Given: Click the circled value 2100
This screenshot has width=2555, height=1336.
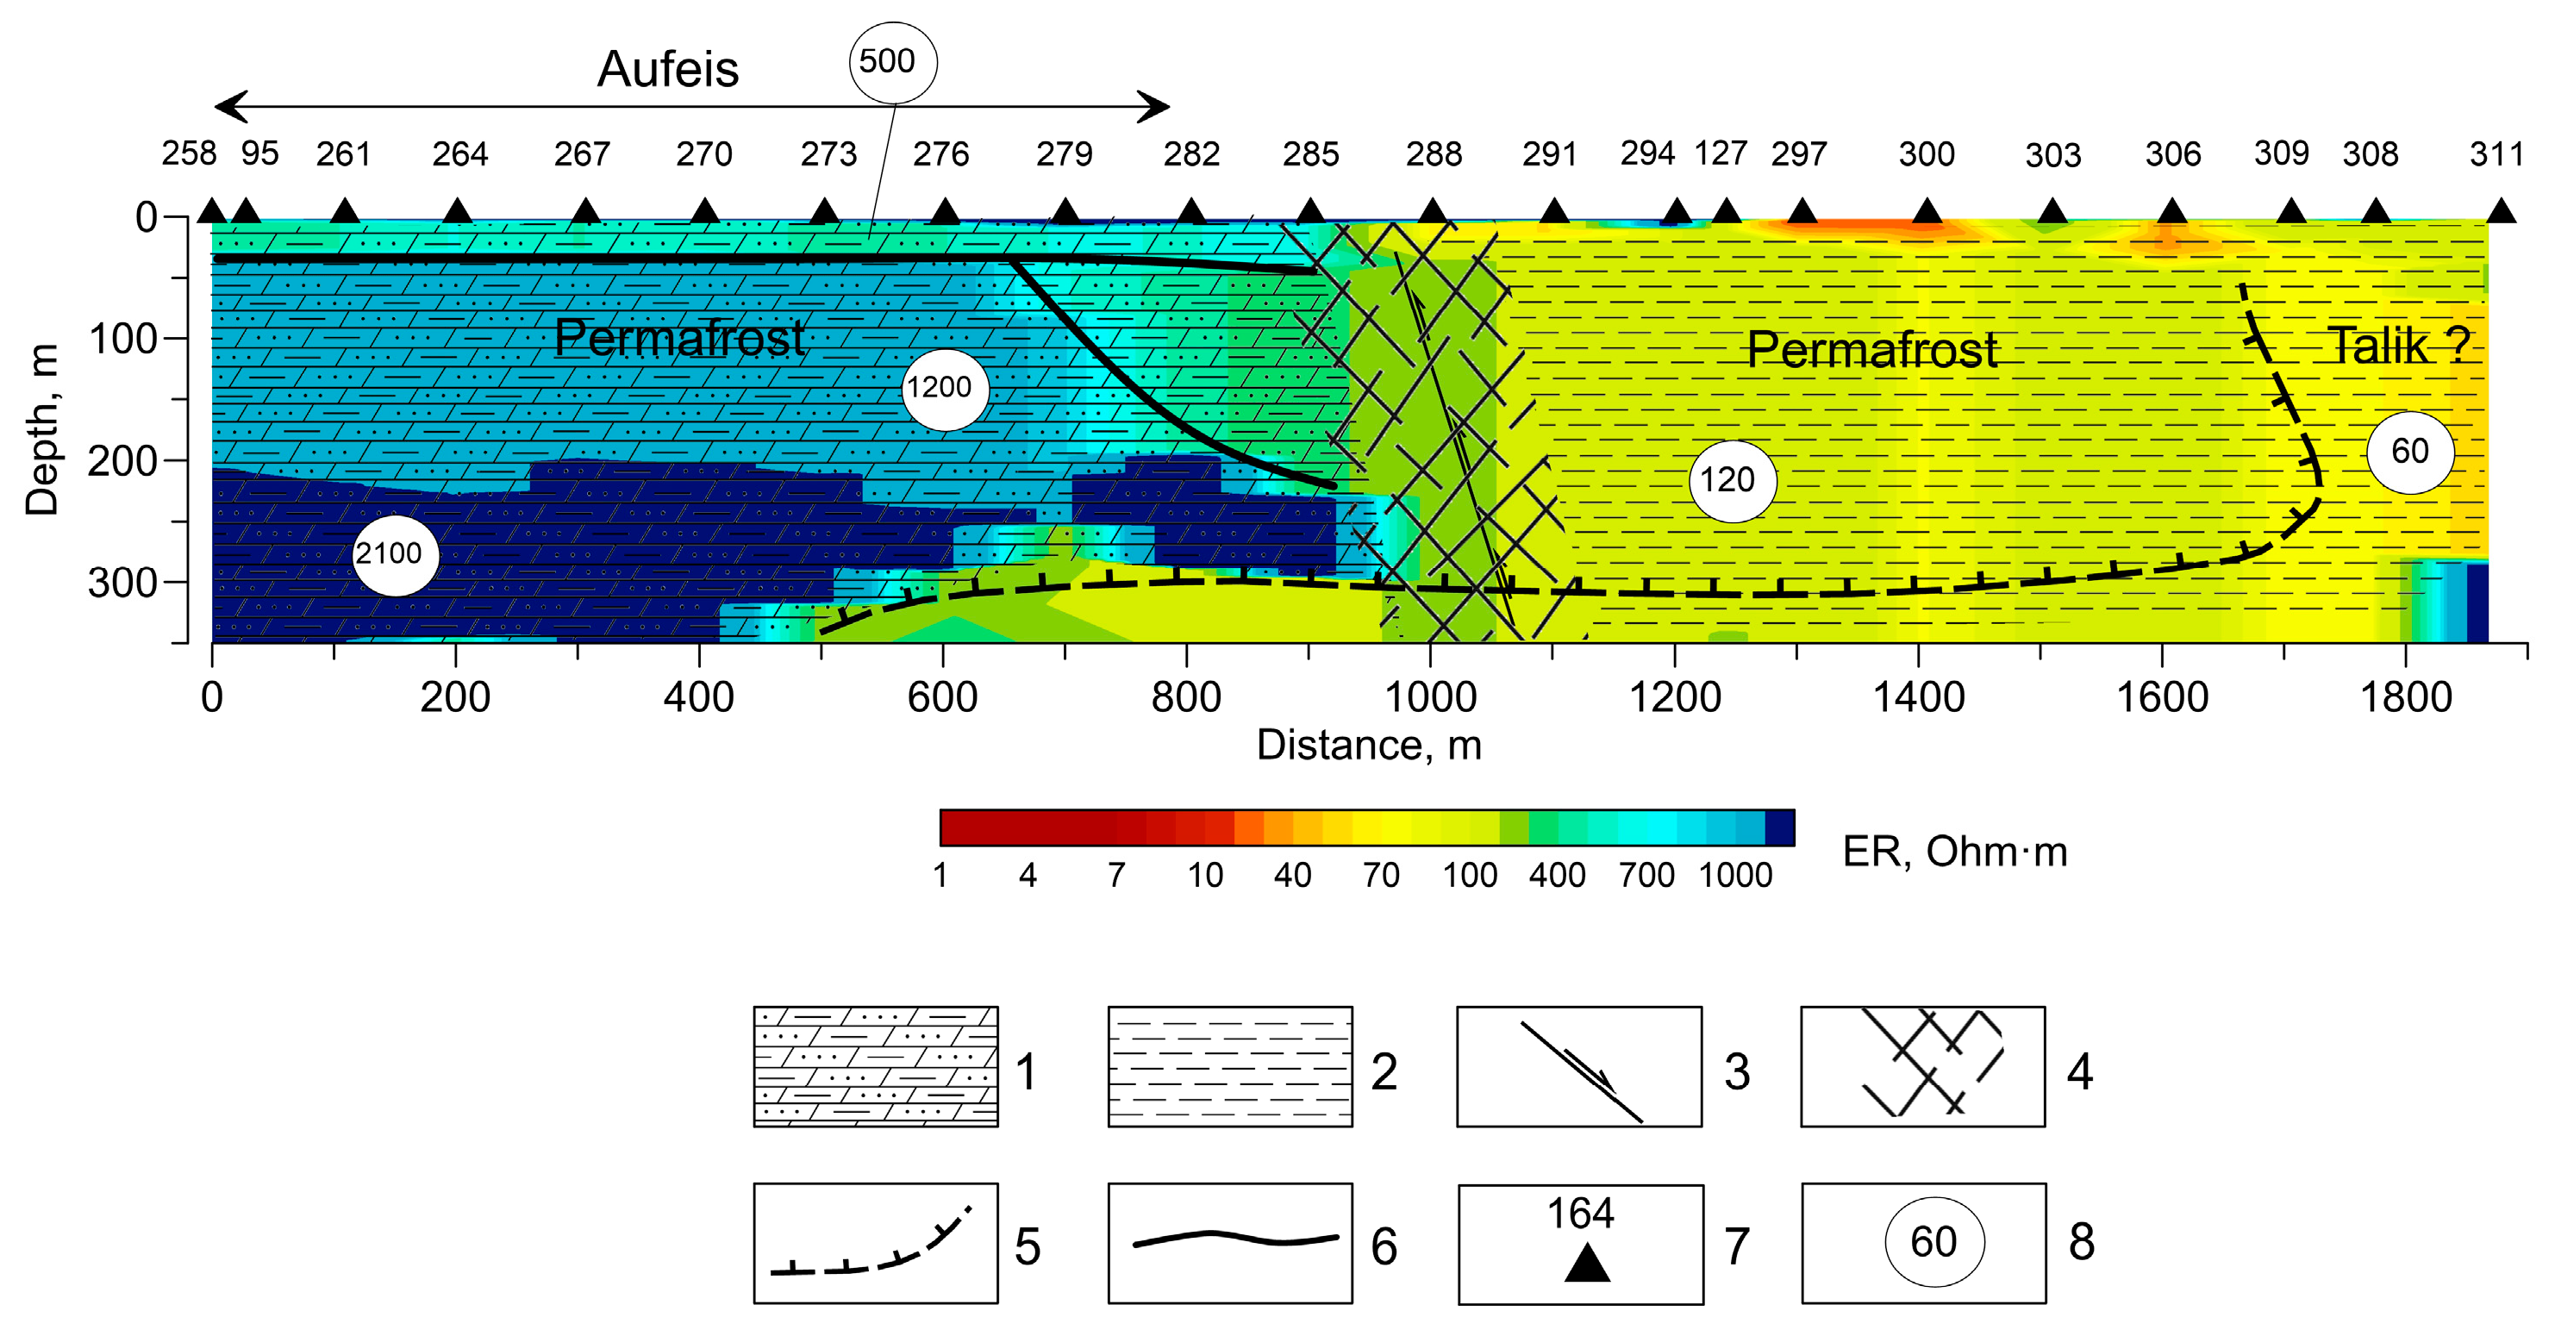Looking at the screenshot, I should [x=395, y=554].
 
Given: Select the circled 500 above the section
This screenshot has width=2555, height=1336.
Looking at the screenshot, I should [x=893, y=62].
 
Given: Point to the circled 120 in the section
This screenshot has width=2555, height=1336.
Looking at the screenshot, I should [x=1732, y=481].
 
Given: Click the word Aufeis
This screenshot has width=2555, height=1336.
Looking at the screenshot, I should [x=667, y=70].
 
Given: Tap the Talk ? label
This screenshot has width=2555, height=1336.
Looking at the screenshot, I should [x=2397, y=346].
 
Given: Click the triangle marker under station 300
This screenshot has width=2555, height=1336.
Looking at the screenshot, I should [x=1927, y=211].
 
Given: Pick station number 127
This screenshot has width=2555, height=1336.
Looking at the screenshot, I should [x=1720, y=153].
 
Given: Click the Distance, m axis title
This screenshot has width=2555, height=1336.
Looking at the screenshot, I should [x=1369, y=745].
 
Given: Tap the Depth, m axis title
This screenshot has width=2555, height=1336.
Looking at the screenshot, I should [x=41, y=429].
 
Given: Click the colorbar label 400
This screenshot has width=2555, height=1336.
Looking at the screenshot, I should [x=1557, y=876].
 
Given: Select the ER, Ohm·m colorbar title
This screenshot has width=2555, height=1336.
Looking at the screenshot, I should [x=1954, y=852].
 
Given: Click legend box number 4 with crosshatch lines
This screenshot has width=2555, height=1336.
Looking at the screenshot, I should [x=1922, y=1066].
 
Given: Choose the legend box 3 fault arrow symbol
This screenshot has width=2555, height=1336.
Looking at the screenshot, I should [x=1579, y=1067].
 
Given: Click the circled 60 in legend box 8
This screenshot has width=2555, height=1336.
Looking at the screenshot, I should [x=1933, y=1243].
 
